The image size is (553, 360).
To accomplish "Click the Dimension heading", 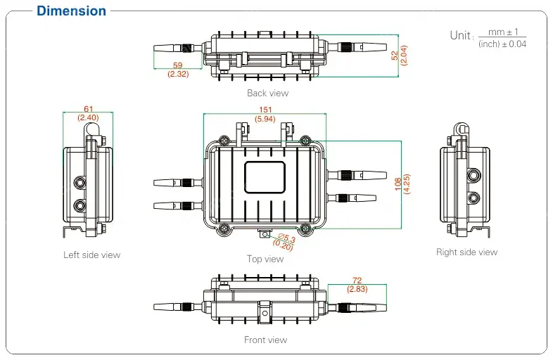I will point(71,11).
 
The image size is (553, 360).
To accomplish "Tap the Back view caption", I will point(267,93).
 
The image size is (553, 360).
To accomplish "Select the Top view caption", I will point(265,259).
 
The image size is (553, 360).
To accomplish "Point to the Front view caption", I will point(265,340).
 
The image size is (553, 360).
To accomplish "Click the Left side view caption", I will point(91,255).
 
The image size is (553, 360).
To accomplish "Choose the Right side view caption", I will point(466,252).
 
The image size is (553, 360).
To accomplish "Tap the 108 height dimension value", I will point(398,183).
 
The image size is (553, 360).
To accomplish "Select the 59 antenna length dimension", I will point(177,65).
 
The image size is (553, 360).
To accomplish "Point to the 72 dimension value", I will point(356,281).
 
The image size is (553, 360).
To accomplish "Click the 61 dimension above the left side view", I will point(88,109).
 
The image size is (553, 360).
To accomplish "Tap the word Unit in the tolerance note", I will point(461,35).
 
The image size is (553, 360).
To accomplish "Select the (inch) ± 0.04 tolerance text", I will point(502,44).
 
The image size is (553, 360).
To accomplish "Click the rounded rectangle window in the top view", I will point(265,177).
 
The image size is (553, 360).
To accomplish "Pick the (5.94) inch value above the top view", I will point(265,120).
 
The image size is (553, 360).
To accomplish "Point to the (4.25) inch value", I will point(406,183).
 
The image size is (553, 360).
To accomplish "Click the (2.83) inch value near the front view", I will point(356,289).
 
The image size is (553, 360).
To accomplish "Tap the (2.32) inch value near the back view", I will point(177,74).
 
